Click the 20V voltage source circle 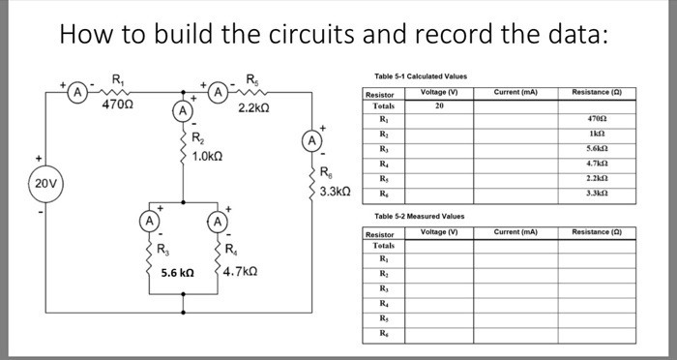click(x=44, y=182)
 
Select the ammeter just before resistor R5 click(x=220, y=93)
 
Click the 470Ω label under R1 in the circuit click(x=117, y=105)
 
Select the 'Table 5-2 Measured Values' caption click(x=413, y=215)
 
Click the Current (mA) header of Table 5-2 click(x=514, y=232)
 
